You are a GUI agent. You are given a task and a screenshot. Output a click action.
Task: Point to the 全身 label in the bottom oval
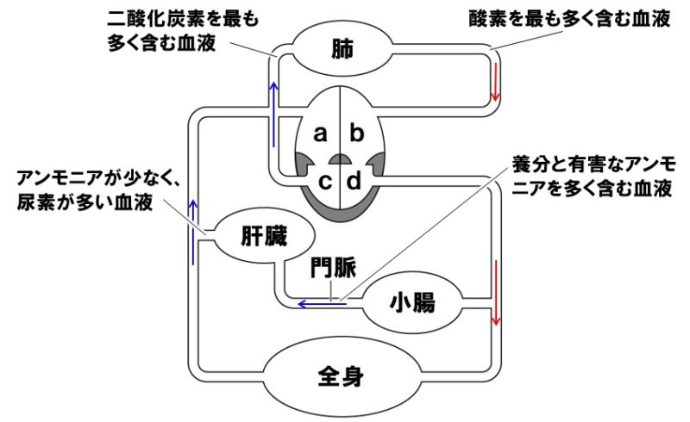(x=343, y=375)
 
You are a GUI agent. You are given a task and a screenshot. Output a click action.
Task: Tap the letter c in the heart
(x=326, y=182)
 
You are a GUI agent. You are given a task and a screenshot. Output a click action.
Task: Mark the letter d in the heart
(x=354, y=182)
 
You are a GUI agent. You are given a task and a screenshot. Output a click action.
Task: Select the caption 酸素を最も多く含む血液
(x=569, y=17)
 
